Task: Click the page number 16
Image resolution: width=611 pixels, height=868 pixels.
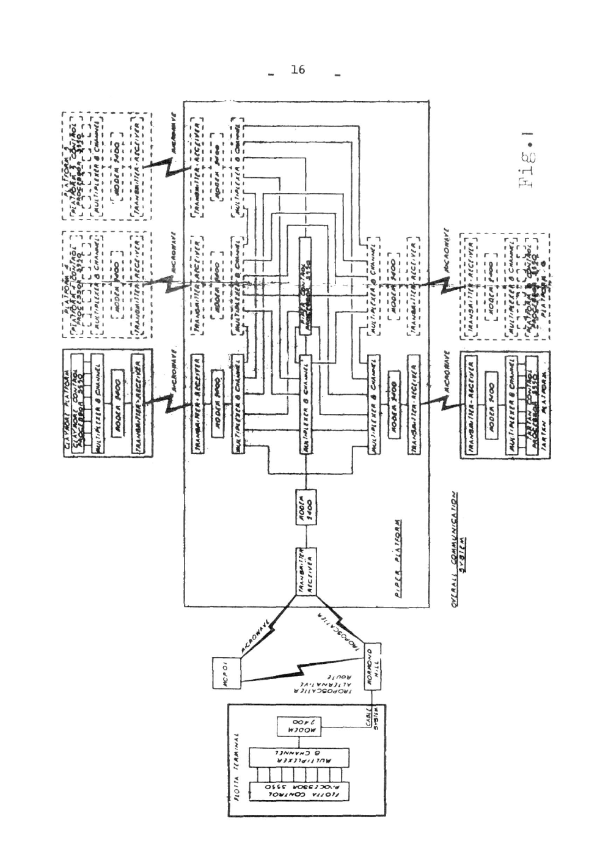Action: [299, 70]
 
